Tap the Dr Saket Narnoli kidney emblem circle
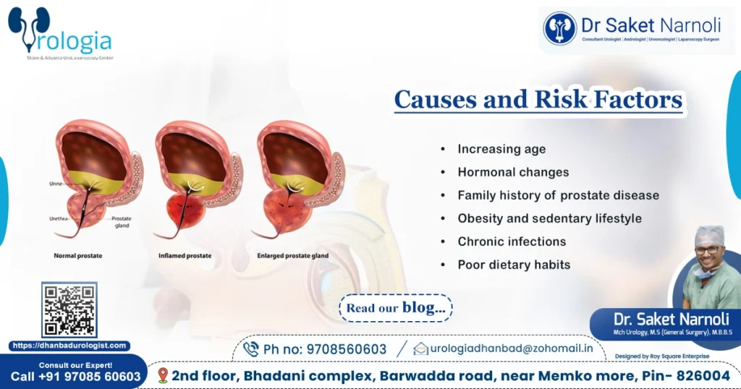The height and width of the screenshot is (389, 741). click(559, 28)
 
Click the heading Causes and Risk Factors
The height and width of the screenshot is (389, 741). click(538, 99)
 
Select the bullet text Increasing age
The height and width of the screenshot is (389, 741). click(501, 149)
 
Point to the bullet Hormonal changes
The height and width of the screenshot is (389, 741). click(513, 172)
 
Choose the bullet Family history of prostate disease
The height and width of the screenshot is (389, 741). click(558, 195)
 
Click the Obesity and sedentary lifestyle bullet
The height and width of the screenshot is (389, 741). click(549, 218)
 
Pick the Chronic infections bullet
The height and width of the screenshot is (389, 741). click(512, 241)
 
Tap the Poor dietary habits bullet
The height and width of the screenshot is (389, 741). click(514, 265)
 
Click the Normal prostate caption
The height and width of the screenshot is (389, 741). click(78, 256)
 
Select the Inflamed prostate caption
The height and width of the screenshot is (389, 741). click(185, 256)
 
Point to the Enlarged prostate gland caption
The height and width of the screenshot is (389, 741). click(292, 256)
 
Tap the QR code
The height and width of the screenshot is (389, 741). click(69, 309)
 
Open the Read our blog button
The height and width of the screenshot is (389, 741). click(395, 307)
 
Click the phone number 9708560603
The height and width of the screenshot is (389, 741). click(325, 349)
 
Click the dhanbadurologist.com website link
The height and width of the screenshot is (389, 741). click(69, 346)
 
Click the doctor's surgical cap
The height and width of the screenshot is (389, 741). click(709, 235)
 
